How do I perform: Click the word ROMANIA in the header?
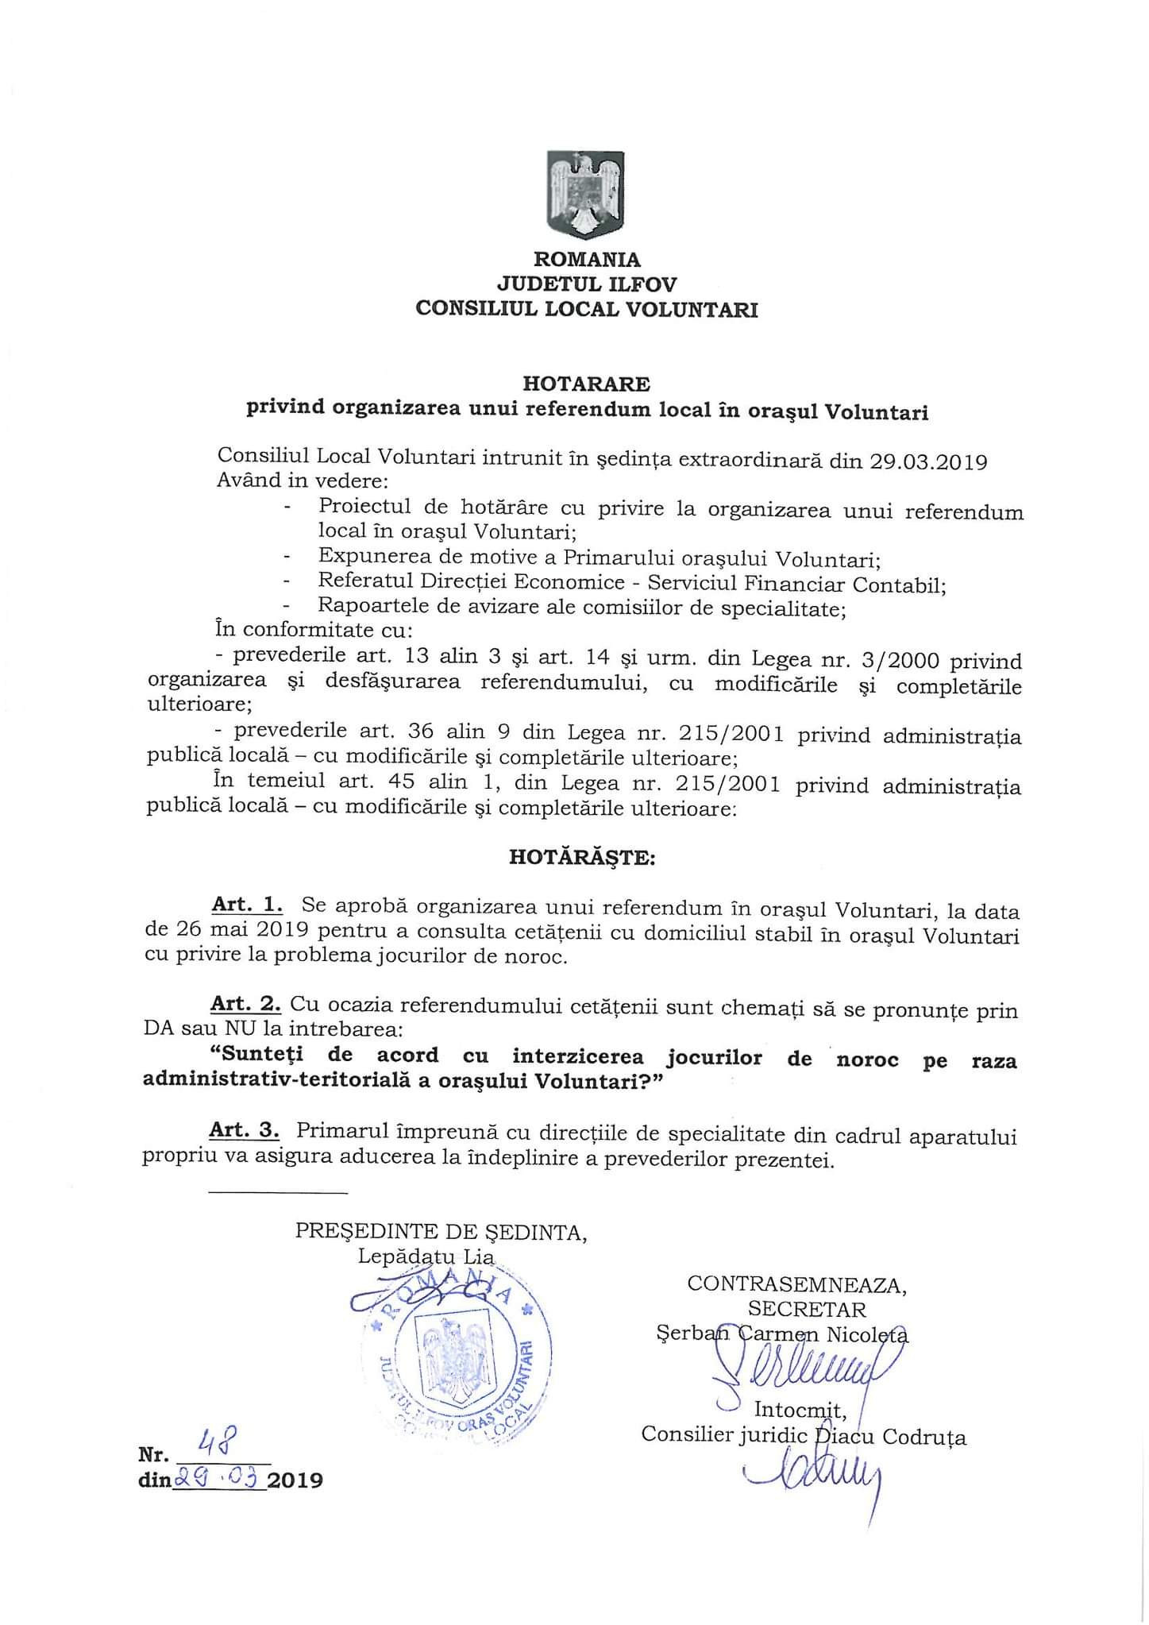[x=587, y=260]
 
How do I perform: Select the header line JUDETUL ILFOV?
[x=587, y=284]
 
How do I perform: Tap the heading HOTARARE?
[x=586, y=384]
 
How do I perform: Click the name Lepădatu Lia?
[x=426, y=1256]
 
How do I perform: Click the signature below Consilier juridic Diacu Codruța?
[x=818, y=1480]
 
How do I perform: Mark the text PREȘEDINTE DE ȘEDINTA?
[x=441, y=1232]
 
